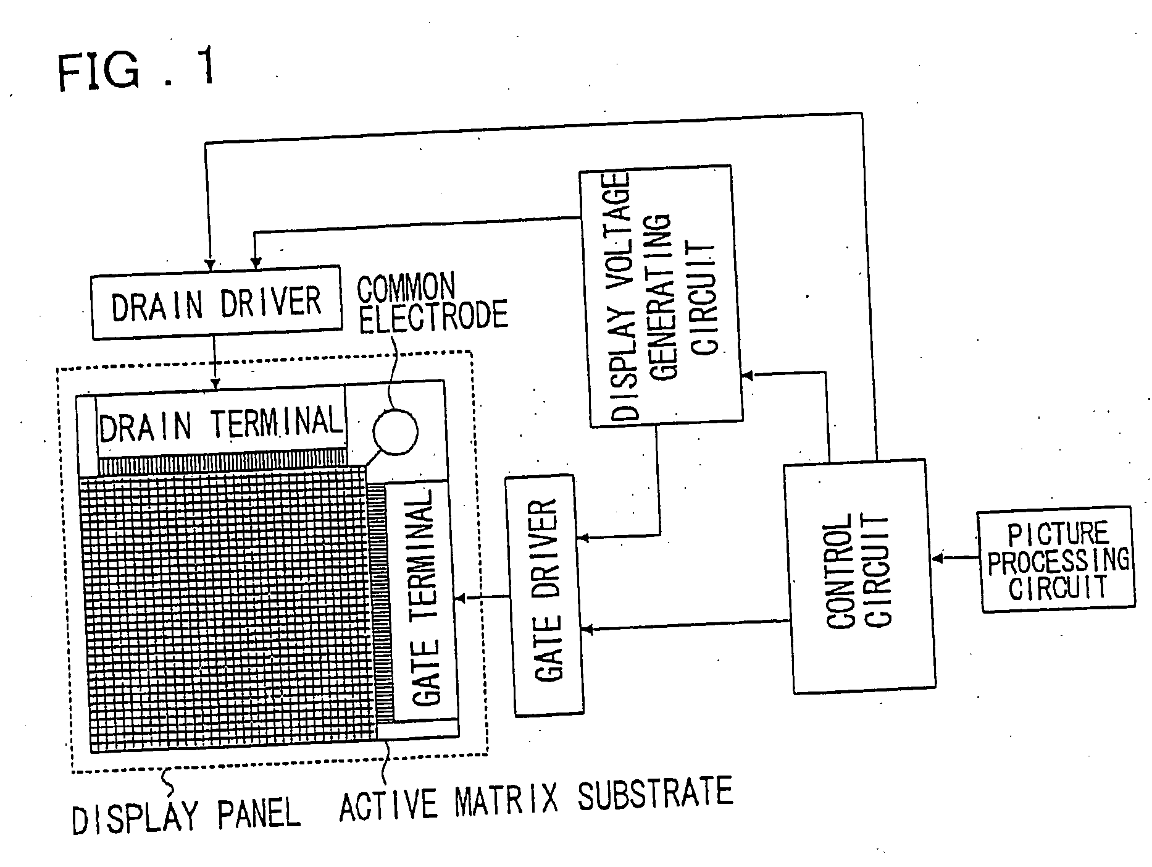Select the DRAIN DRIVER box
click(216, 302)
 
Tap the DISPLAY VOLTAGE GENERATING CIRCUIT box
click(660, 296)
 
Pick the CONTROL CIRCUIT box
click(859, 576)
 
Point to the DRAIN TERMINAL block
click(220, 423)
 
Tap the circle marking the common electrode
click(395, 431)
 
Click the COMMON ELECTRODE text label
click(432, 303)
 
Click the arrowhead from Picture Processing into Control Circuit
click(938, 559)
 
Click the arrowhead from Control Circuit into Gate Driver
click(587, 629)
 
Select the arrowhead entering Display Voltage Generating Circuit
click(746, 375)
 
